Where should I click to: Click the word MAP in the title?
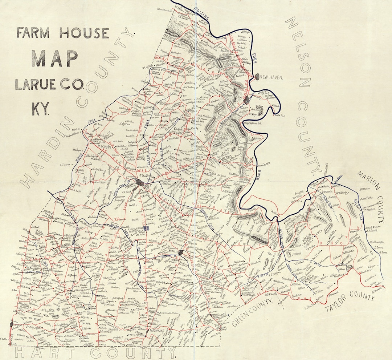(x=54, y=58)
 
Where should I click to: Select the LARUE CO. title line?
(x=49, y=85)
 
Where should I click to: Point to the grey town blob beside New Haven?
(x=257, y=77)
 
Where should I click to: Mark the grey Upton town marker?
(x=11, y=323)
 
